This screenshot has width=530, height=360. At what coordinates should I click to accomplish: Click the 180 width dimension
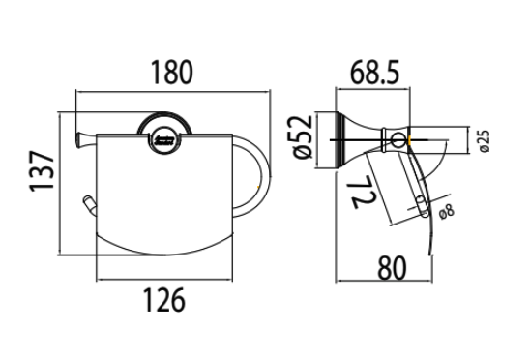[x=172, y=72]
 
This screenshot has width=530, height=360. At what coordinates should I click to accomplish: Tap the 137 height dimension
[x=42, y=171]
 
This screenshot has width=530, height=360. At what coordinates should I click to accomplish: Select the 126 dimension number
[x=164, y=299]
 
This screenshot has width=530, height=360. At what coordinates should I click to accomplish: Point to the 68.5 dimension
[x=374, y=72]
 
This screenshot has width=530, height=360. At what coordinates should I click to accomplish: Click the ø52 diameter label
[x=303, y=136]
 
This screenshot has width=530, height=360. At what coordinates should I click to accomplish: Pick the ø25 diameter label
[x=485, y=141]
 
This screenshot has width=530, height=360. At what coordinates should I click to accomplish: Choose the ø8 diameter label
[x=447, y=212]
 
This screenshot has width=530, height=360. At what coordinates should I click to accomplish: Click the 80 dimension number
[x=392, y=268]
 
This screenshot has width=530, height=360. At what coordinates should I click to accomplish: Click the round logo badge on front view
[x=164, y=140]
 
